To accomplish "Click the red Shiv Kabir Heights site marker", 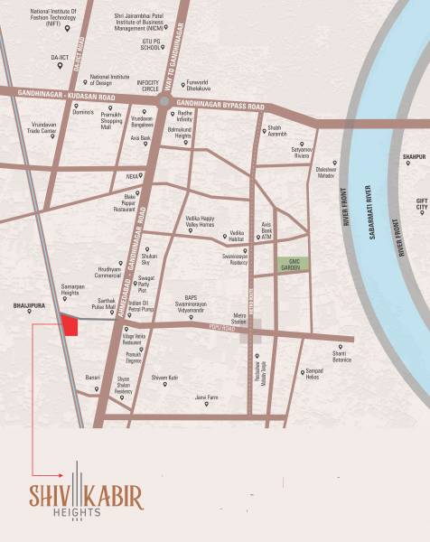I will pyautogui.click(x=70, y=324).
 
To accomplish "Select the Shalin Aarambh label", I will pyautogui.click(x=278, y=129).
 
